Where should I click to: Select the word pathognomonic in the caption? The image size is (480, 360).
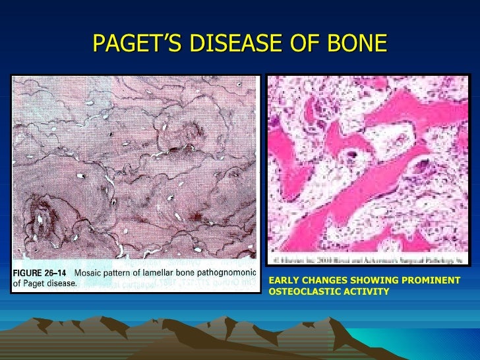226,273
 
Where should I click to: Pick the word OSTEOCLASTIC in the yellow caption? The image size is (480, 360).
302,291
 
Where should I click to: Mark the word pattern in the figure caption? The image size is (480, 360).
119,273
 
